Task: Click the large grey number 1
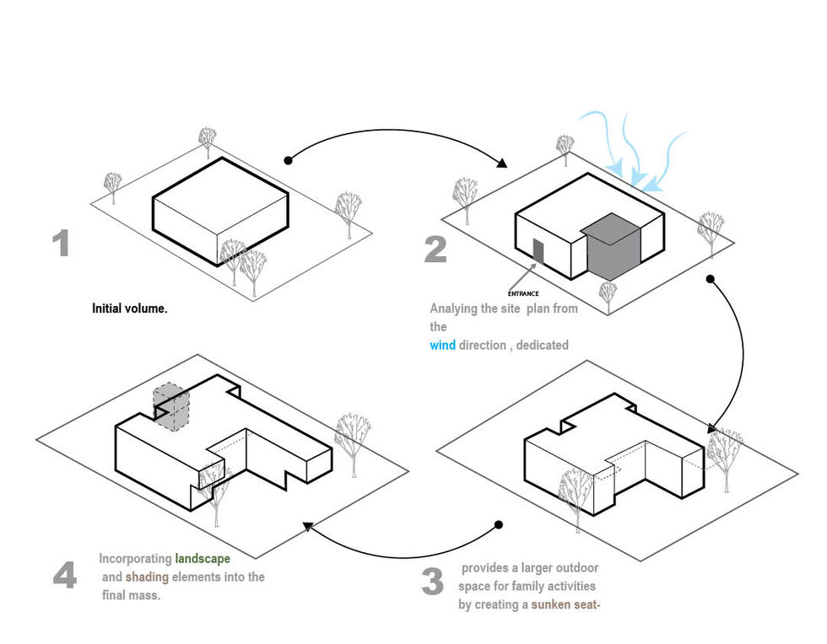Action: (x=60, y=243)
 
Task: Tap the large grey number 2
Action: (x=435, y=249)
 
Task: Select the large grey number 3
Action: (x=432, y=582)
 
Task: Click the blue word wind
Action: (x=442, y=345)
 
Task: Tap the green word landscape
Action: (x=203, y=558)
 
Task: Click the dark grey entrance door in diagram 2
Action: (x=538, y=250)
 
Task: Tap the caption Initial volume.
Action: (x=130, y=309)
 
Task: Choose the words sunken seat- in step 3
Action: (x=565, y=604)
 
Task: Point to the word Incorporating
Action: (x=135, y=558)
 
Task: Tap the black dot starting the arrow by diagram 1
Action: (x=289, y=159)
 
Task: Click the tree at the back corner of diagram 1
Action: (x=208, y=138)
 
